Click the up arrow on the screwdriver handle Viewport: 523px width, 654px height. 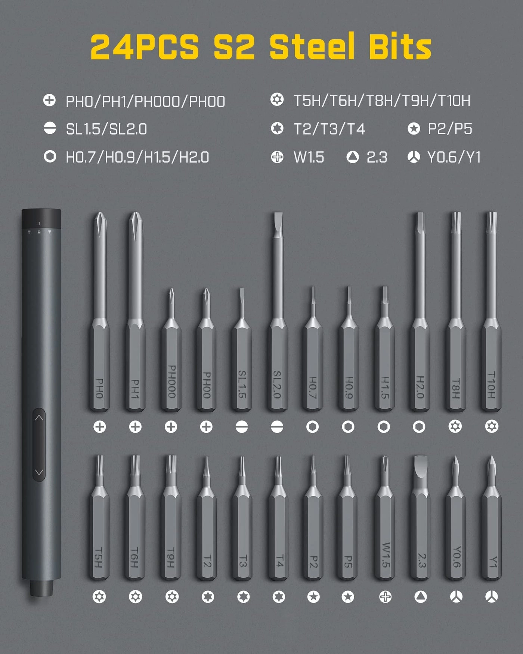click(39, 418)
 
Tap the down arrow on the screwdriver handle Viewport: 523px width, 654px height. click(39, 472)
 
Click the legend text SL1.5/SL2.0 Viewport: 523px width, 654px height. click(106, 129)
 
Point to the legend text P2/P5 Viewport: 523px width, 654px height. click(450, 129)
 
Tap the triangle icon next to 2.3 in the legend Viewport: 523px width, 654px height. click(352, 157)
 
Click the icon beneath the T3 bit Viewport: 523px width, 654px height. click(244, 597)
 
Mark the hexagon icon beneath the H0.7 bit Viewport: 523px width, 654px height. click(312, 427)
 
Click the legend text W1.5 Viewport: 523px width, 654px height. click(309, 157)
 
